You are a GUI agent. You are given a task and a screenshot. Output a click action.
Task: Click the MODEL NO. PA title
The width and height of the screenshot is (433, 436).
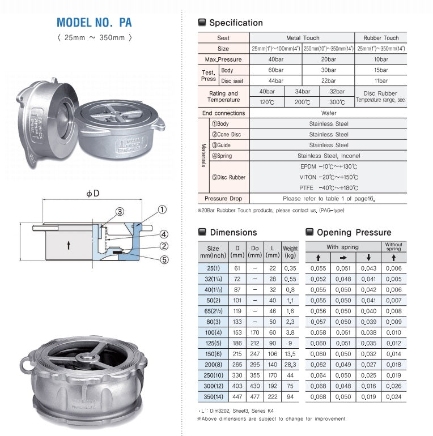coord(94,23)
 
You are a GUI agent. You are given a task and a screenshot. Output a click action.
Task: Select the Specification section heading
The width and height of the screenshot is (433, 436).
coord(236,23)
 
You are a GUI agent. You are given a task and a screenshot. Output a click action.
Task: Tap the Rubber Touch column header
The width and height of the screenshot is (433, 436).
coord(381,38)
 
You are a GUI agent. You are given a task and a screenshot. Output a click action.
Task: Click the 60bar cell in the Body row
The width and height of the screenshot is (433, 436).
coord(276,70)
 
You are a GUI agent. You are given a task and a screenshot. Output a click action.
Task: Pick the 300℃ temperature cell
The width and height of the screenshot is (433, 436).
coord(337,102)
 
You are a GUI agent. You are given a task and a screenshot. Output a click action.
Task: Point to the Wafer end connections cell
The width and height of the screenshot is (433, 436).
coord(329,113)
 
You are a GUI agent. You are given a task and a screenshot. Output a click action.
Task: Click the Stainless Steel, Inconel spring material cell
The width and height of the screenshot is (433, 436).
coord(329,156)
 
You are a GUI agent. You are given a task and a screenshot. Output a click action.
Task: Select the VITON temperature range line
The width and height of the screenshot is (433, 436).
coord(329,177)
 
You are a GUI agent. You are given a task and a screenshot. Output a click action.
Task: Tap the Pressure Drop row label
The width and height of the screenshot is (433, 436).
coord(223,199)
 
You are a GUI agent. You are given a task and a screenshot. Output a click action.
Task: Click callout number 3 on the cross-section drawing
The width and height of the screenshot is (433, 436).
coord(120,212)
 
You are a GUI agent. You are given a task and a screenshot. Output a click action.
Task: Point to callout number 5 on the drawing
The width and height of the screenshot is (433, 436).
coord(163,260)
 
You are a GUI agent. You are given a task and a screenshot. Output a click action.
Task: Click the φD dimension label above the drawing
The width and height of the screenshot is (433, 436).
coord(93,194)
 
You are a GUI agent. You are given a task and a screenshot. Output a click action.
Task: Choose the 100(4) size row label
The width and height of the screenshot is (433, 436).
coord(213,333)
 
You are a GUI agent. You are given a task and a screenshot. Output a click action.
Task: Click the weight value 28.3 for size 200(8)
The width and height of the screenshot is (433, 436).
coord(290,365)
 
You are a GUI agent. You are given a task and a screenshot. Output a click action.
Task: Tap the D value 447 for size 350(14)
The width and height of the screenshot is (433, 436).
coord(237,397)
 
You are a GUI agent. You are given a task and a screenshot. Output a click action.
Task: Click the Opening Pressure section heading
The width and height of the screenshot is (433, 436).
coord(354,232)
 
